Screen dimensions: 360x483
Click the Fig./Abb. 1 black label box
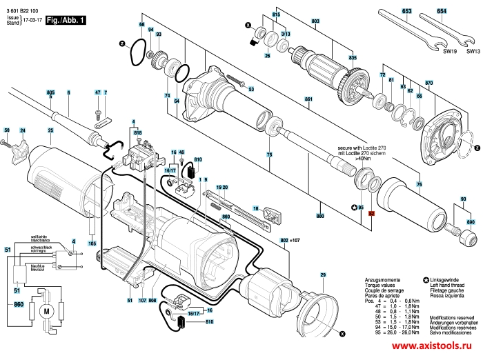click(66, 21)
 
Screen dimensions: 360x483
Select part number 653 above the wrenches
click(407, 12)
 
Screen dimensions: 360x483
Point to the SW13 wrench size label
click(473, 51)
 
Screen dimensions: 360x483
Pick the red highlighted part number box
click(371, 214)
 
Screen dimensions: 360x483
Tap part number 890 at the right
click(471, 222)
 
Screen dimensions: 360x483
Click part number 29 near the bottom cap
click(322, 275)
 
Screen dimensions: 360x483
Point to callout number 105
click(92, 243)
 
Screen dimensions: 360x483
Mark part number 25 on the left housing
click(50, 130)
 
